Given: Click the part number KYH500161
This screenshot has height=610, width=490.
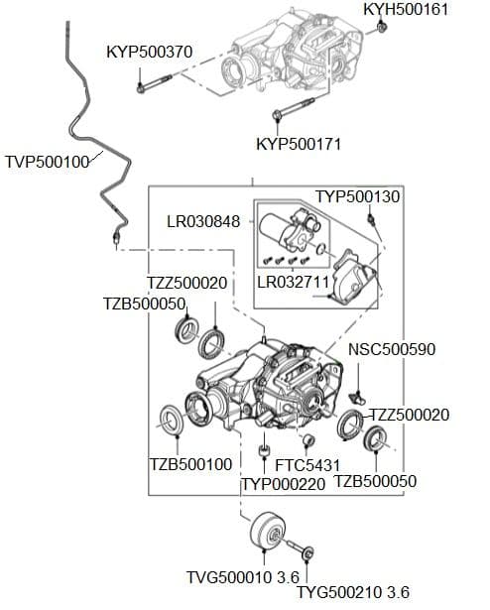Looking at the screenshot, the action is pyautogui.click(x=406, y=9).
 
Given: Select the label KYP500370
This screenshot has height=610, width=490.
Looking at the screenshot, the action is pyautogui.click(x=150, y=52).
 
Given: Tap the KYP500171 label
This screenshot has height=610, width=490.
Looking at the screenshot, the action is pyautogui.click(x=299, y=144).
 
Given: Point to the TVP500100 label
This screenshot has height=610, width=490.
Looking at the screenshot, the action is pyautogui.click(x=48, y=162).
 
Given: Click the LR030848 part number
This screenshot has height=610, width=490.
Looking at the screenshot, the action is pyautogui.click(x=203, y=222).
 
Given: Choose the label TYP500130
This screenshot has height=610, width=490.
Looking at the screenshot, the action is pyautogui.click(x=357, y=196).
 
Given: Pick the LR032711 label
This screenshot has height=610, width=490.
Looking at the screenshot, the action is pyautogui.click(x=294, y=282).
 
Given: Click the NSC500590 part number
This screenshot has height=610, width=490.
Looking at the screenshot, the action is pyautogui.click(x=392, y=349).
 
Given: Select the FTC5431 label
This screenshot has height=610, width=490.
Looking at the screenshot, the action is pyautogui.click(x=307, y=465).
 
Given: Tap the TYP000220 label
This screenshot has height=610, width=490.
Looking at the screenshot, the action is pyautogui.click(x=284, y=484).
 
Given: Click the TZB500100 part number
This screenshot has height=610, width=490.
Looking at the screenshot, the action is pyautogui.click(x=190, y=464).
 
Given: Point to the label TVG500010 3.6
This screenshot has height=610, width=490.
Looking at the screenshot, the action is pyautogui.click(x=242, y=577).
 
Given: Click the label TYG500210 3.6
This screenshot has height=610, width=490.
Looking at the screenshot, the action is pyautogui.click(x=352, y=592).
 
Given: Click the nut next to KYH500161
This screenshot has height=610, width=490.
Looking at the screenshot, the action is pyautogui.click(x=382, y=27).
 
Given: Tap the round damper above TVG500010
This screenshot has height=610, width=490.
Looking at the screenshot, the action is pyautogui.click(x=268, y=531).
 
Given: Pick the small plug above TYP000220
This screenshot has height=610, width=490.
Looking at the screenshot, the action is pyautogui.click(x=264, y=450).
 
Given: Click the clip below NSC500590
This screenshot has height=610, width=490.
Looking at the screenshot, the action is pyautogui.click(x=358, y=398).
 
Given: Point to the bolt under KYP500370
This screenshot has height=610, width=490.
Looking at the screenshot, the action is pyautogui.click(x=154, y=83).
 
